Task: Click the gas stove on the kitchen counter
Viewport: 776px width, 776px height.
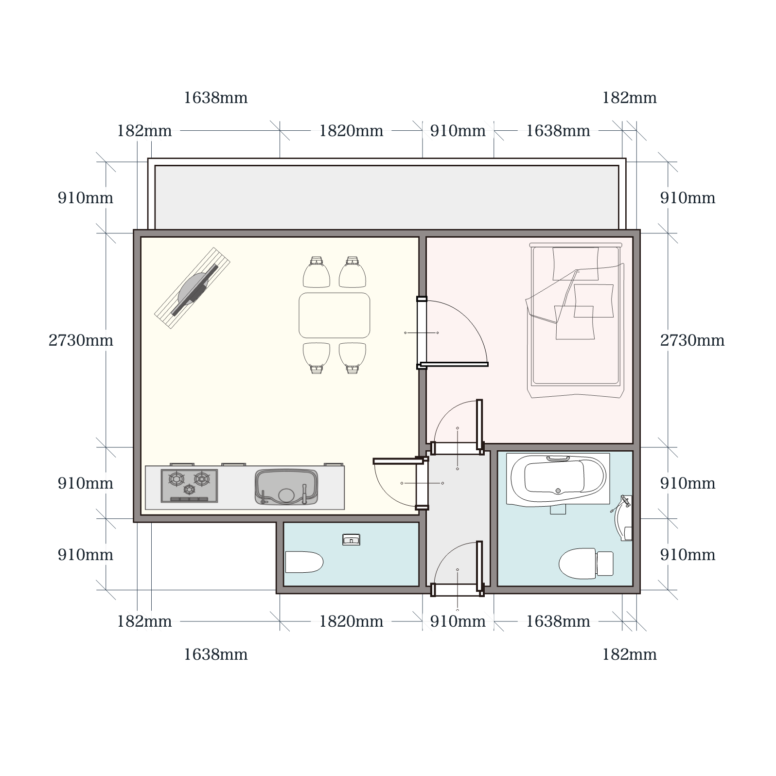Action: click(x=189, y=486)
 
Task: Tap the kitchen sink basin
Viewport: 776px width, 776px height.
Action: click(x=287, y=487)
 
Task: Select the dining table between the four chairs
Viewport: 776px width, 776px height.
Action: click(x=335, y=315)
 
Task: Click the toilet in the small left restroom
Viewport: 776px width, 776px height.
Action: click(x=304, y=562)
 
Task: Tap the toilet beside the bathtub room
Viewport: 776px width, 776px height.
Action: click(x=585, y=564)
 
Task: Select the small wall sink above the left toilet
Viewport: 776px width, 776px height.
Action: click(x=351, y=539)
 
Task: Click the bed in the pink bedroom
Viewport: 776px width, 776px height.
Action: click(x=576, y=320)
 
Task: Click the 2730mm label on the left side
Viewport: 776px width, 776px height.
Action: click(x=81, y=340)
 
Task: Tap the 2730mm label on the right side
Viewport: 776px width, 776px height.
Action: click(x=692, y=340)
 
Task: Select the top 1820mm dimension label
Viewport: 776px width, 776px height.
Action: click(x=351, y=131)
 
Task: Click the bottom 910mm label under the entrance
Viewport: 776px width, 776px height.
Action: click(x=458, y=621)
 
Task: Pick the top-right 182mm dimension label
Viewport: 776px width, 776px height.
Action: click(x=629, y=98)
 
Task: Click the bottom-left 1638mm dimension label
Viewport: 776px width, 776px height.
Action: click(x=215, y=654)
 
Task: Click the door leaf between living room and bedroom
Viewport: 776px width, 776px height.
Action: click(x=454, y=364)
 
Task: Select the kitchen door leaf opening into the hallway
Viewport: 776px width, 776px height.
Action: click(x=395, y=461)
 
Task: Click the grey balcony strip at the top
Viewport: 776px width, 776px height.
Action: click(x=387, y=197)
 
